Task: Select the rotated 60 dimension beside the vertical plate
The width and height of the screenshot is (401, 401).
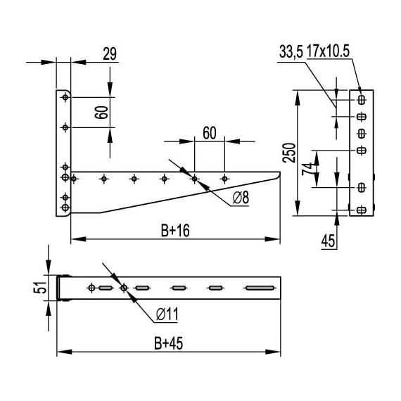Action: (103, 111)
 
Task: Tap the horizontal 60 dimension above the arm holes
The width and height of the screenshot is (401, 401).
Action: (208, 133)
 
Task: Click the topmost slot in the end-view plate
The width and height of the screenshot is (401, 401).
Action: (362, 98)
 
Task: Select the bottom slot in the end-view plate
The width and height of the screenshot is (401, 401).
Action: (362, 210)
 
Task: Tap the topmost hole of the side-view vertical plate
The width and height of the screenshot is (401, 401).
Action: (65, 98)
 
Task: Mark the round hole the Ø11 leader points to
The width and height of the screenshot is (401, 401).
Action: (124, 288)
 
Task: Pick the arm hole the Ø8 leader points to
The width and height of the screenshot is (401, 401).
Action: (195, 178)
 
